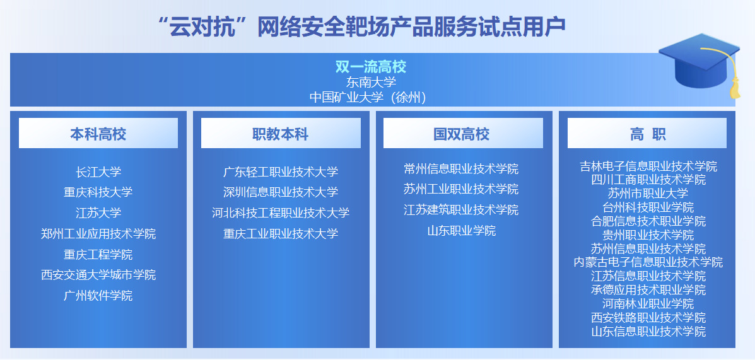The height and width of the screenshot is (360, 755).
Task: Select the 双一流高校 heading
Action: pos(371,66)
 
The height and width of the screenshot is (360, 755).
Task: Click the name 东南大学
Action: pos(371,83)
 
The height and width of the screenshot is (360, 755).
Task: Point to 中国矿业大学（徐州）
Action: pos(368,98)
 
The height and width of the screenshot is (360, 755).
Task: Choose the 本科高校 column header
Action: pos(98,134)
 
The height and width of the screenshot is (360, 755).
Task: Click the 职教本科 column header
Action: pos(281,134)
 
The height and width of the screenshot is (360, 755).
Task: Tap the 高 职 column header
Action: pos(647,134)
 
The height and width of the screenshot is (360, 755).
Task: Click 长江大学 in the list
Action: pos(98,172)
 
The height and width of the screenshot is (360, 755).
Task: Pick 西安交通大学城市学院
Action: pos(98,275)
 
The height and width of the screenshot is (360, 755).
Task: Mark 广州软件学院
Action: pos(98,296)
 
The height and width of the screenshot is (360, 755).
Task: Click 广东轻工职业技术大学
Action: pos(281,172)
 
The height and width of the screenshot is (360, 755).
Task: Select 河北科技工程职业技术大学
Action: pos(281,212)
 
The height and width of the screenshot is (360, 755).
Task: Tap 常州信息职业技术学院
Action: pos(461,169)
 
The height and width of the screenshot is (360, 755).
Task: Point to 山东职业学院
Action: pos(461,231)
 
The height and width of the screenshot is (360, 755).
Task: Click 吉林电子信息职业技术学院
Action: pos(648,166)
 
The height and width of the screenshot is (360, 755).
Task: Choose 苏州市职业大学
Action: pos(648,194)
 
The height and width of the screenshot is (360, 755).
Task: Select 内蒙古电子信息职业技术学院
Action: pos(648,262)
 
